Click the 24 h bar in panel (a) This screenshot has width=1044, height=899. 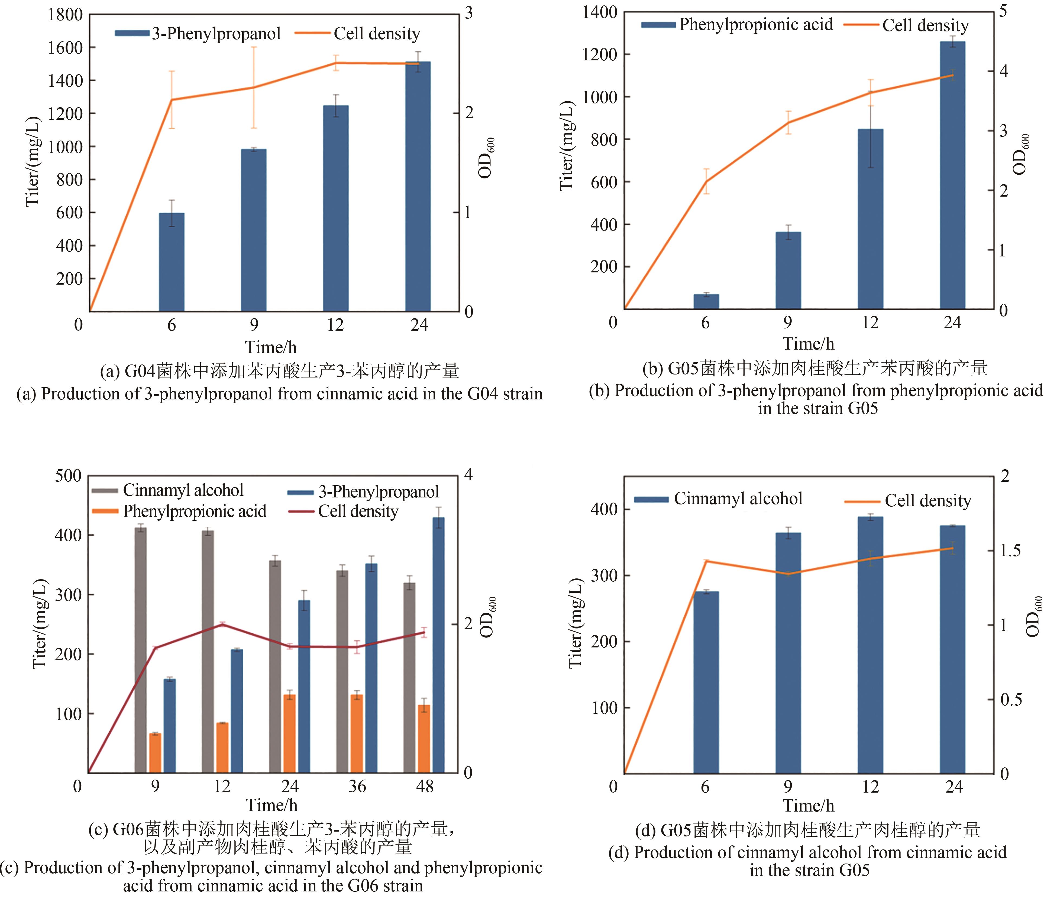[x=418, y=186]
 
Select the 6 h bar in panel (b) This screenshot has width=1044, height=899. [x=706, y=301]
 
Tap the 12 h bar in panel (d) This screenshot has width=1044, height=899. [x=870, y=645]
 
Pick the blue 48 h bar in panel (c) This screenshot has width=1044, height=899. [x=438, y=645]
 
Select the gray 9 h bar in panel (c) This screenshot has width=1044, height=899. [x=141, y=650]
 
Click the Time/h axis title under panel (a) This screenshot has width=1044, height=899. [x=271, y=347]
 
